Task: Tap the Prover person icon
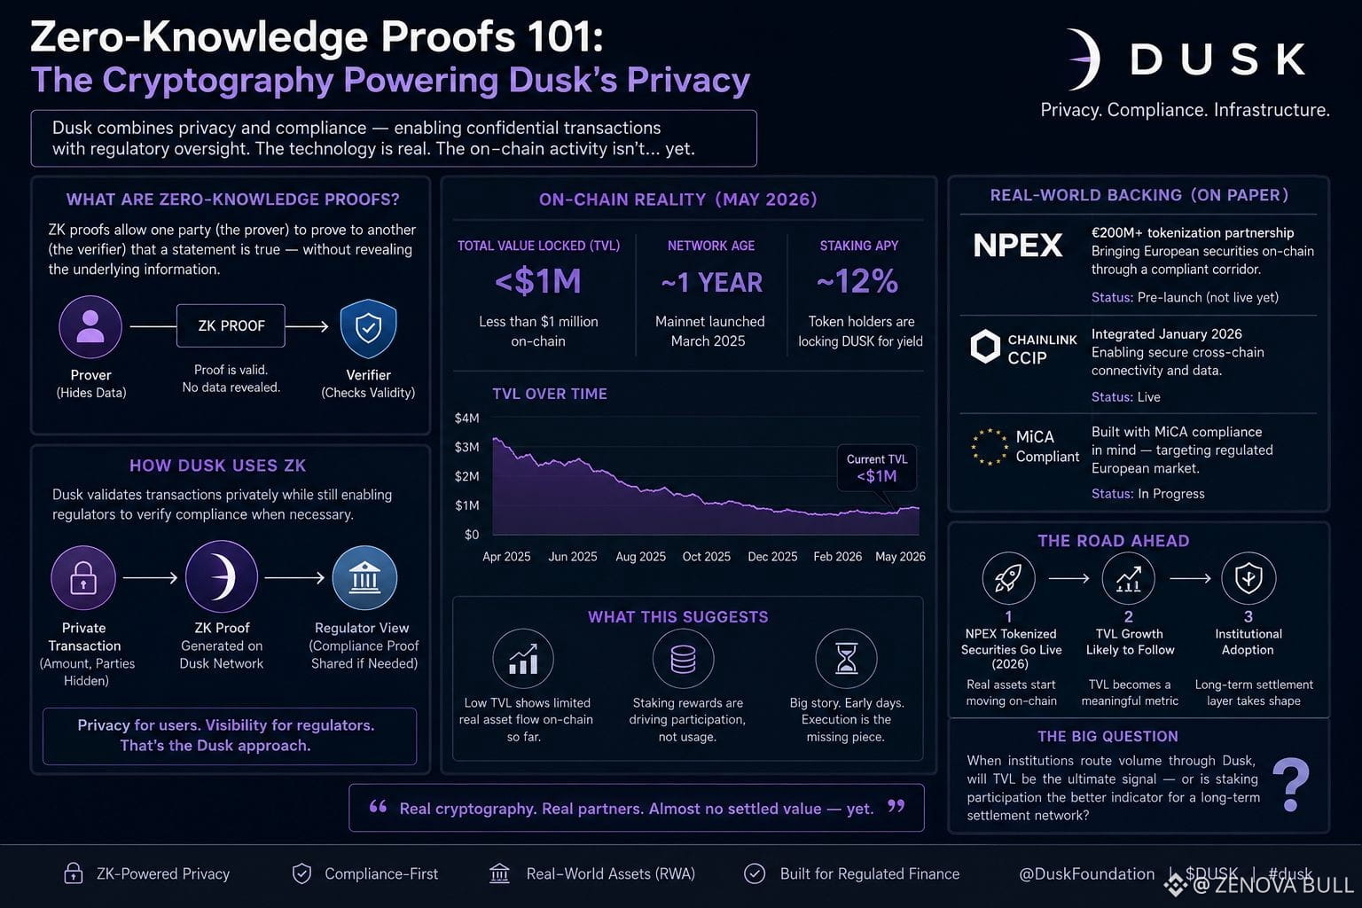pos(90,326)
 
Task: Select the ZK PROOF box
pos(231,326)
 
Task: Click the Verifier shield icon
pos(369,328)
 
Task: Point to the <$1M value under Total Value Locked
pos(538,282)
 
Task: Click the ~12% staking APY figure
pos(857,281)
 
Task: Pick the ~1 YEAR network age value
pos(711,283)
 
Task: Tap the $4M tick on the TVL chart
pos(467,418)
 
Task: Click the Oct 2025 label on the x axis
pos(707,557)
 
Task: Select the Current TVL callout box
pos(877,468)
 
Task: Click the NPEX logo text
pos(1018,245)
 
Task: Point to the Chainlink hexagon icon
pos(985,347)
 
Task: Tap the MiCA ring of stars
pos(990,447)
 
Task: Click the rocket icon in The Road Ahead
pos(1008,578)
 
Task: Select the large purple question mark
pos(1291,785)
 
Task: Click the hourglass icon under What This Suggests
pos(847,659)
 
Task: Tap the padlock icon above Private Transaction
pos(83,578)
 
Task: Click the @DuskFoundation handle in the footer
pos(1086,874)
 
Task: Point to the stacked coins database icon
pos(683,659)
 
